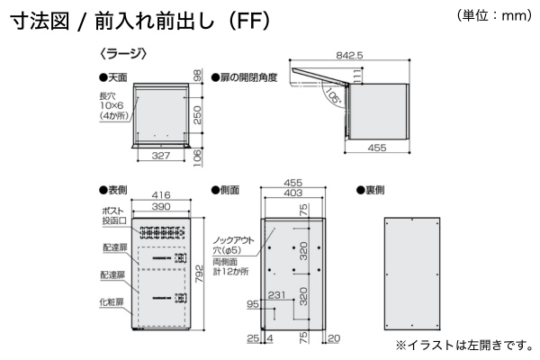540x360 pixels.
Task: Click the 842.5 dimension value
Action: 346,55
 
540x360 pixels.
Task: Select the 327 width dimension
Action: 161,156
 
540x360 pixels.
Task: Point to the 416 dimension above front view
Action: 162,194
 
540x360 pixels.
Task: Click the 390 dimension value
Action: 162,206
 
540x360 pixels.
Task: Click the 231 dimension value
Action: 277,294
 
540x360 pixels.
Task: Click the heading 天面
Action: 116,78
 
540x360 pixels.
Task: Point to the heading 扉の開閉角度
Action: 244,78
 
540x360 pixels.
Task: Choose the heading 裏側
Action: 371,190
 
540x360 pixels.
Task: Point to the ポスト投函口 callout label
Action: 112,216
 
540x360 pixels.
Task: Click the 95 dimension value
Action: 253,305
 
